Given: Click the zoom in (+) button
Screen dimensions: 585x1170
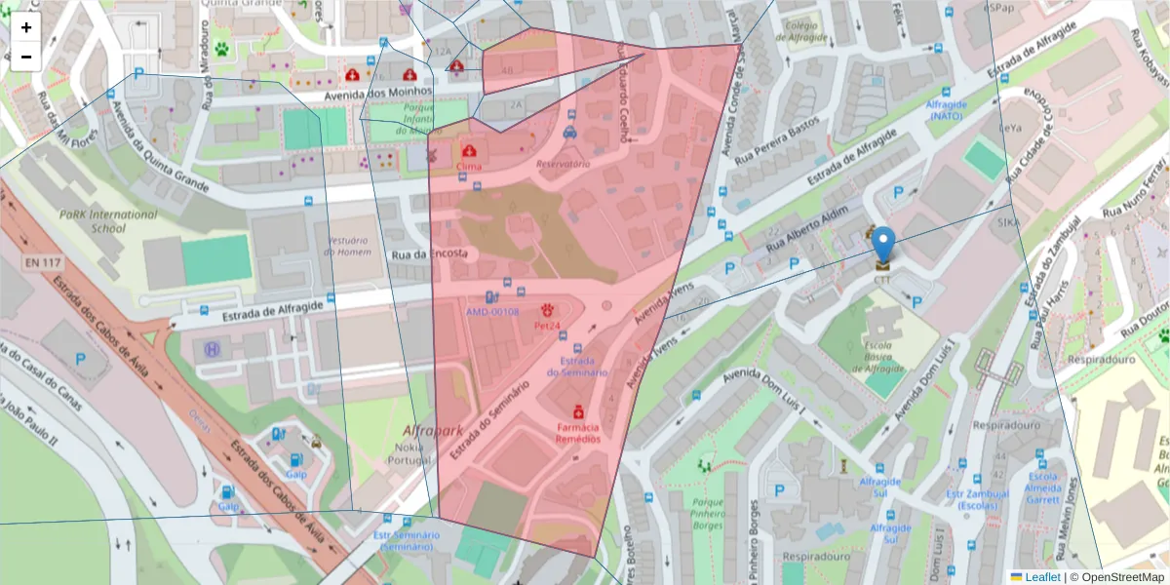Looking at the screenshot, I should [x=26, y=27].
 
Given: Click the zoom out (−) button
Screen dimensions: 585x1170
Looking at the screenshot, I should [x=26, y=57].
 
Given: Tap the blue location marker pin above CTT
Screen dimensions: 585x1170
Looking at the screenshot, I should [x=882, y=245].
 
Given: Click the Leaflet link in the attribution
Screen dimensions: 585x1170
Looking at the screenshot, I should [x=1041, y=577].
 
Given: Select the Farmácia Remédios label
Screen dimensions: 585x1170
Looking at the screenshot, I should [x=578, y=433].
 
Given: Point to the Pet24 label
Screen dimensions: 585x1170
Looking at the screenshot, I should [x=547, y=326].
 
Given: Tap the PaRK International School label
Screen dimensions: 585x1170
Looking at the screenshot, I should [x=107, y=221].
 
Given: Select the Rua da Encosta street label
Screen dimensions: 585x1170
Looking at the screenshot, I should [x=430, y=254].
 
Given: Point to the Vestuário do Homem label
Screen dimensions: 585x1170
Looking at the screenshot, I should [x=348, y=246].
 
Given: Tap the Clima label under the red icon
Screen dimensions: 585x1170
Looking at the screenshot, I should [x=469, y=167].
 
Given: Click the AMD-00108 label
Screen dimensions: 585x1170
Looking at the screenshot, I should [x=491, y=312].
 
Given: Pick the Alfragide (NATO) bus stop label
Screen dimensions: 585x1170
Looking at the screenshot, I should [x=945, y=109].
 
